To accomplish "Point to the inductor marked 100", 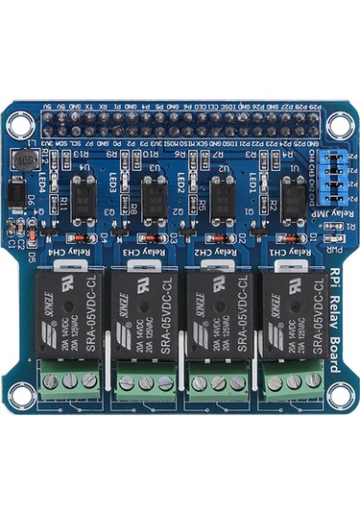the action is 21,160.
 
